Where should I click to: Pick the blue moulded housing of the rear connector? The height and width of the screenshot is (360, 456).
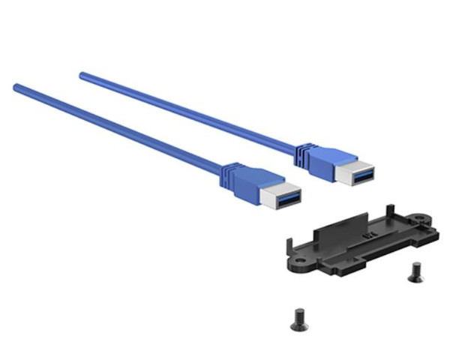[323, 162]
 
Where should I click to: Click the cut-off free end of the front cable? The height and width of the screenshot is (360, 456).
[16, 88]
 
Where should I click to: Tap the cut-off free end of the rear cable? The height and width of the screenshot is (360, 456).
[82, 75]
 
